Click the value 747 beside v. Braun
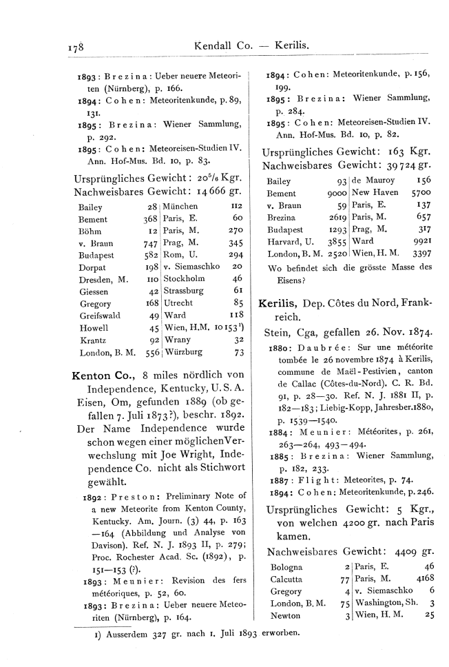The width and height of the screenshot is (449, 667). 149,243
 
